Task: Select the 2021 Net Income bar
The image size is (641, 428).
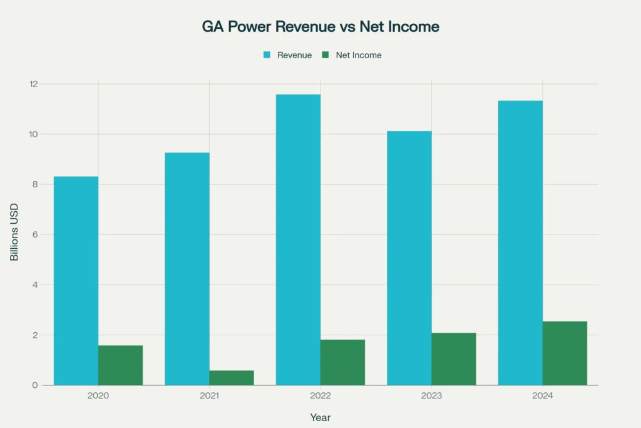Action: tap(232, 378)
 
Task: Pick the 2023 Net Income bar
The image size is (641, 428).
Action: tap(454, 359)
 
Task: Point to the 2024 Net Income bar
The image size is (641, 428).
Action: tap(565, 353)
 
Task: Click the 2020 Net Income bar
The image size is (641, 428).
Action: tap(120, 365)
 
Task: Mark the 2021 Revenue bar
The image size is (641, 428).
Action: tap(187, 269)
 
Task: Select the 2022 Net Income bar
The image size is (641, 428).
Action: tap(342, 362)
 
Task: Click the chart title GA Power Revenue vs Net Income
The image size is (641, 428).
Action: tap(320, 27)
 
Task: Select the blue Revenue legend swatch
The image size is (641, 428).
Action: tap(267, 55)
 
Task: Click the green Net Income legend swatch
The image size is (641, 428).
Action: tap(325, 55)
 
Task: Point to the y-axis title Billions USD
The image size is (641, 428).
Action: tap(14, 232)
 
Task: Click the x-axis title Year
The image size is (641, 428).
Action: tap(320, 417)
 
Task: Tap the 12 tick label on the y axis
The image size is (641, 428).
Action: tap(33, 84)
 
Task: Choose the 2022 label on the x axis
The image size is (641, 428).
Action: tap(320, 396)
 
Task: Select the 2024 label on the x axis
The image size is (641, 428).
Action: tap(543, 396)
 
